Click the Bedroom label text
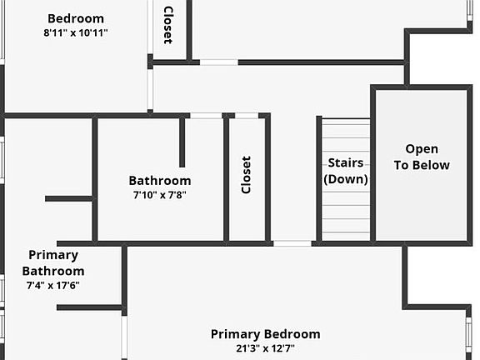point(76,18)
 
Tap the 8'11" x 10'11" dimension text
point(76,33)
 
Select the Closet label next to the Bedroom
point(167,25)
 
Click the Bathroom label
point(159,180)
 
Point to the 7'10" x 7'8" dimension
point(159,195)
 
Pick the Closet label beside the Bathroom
point(246,175)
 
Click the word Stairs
point(345,162)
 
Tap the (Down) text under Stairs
point(345,178)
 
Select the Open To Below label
point(421,157)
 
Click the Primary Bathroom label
point(53,262)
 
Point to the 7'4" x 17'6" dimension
point(53,285)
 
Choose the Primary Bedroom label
point(265,334)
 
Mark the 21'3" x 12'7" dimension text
point(265,348)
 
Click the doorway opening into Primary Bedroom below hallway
point(292,243)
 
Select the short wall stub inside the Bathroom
point(182,142)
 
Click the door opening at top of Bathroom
point(207,115)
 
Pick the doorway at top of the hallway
point(218,62)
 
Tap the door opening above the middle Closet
point(247,115)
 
